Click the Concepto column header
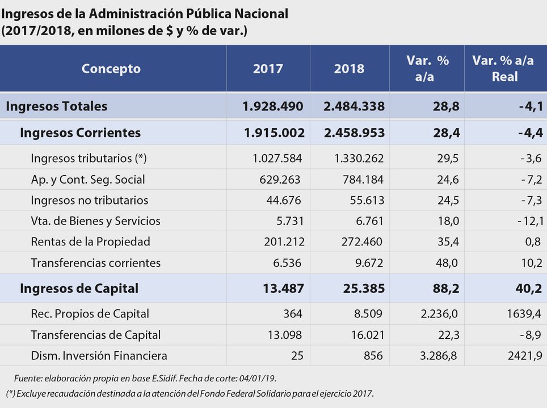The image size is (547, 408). [x=111, y=69]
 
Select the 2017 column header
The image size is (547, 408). [x=268, y=69]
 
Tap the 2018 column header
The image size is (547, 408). [x=349, y=69]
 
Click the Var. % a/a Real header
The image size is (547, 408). [x=503, y=69]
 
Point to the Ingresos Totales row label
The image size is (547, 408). [x=57, y=107]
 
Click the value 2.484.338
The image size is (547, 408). [x=354, y=107]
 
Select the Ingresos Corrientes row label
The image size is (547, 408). [x=80, y=133]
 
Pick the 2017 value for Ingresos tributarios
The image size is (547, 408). [x=277, y=158]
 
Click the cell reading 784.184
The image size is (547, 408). [x=363, y=180]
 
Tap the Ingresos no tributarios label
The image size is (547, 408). [x=89, y=201]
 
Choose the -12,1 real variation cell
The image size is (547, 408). [x=530, y=221]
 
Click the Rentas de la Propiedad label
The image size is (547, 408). [x=90, y=242]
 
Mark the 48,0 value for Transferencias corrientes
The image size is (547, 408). [x=447, y=263]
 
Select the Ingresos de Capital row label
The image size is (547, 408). [x=79, y=288]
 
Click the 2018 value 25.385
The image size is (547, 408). [x=364, y=288]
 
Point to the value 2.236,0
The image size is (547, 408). [x=439, y=313]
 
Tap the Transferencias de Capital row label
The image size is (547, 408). [x=95, y=335]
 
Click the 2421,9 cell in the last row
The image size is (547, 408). [x=525, y=355]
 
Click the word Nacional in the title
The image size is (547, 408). [x=261, y=14]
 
